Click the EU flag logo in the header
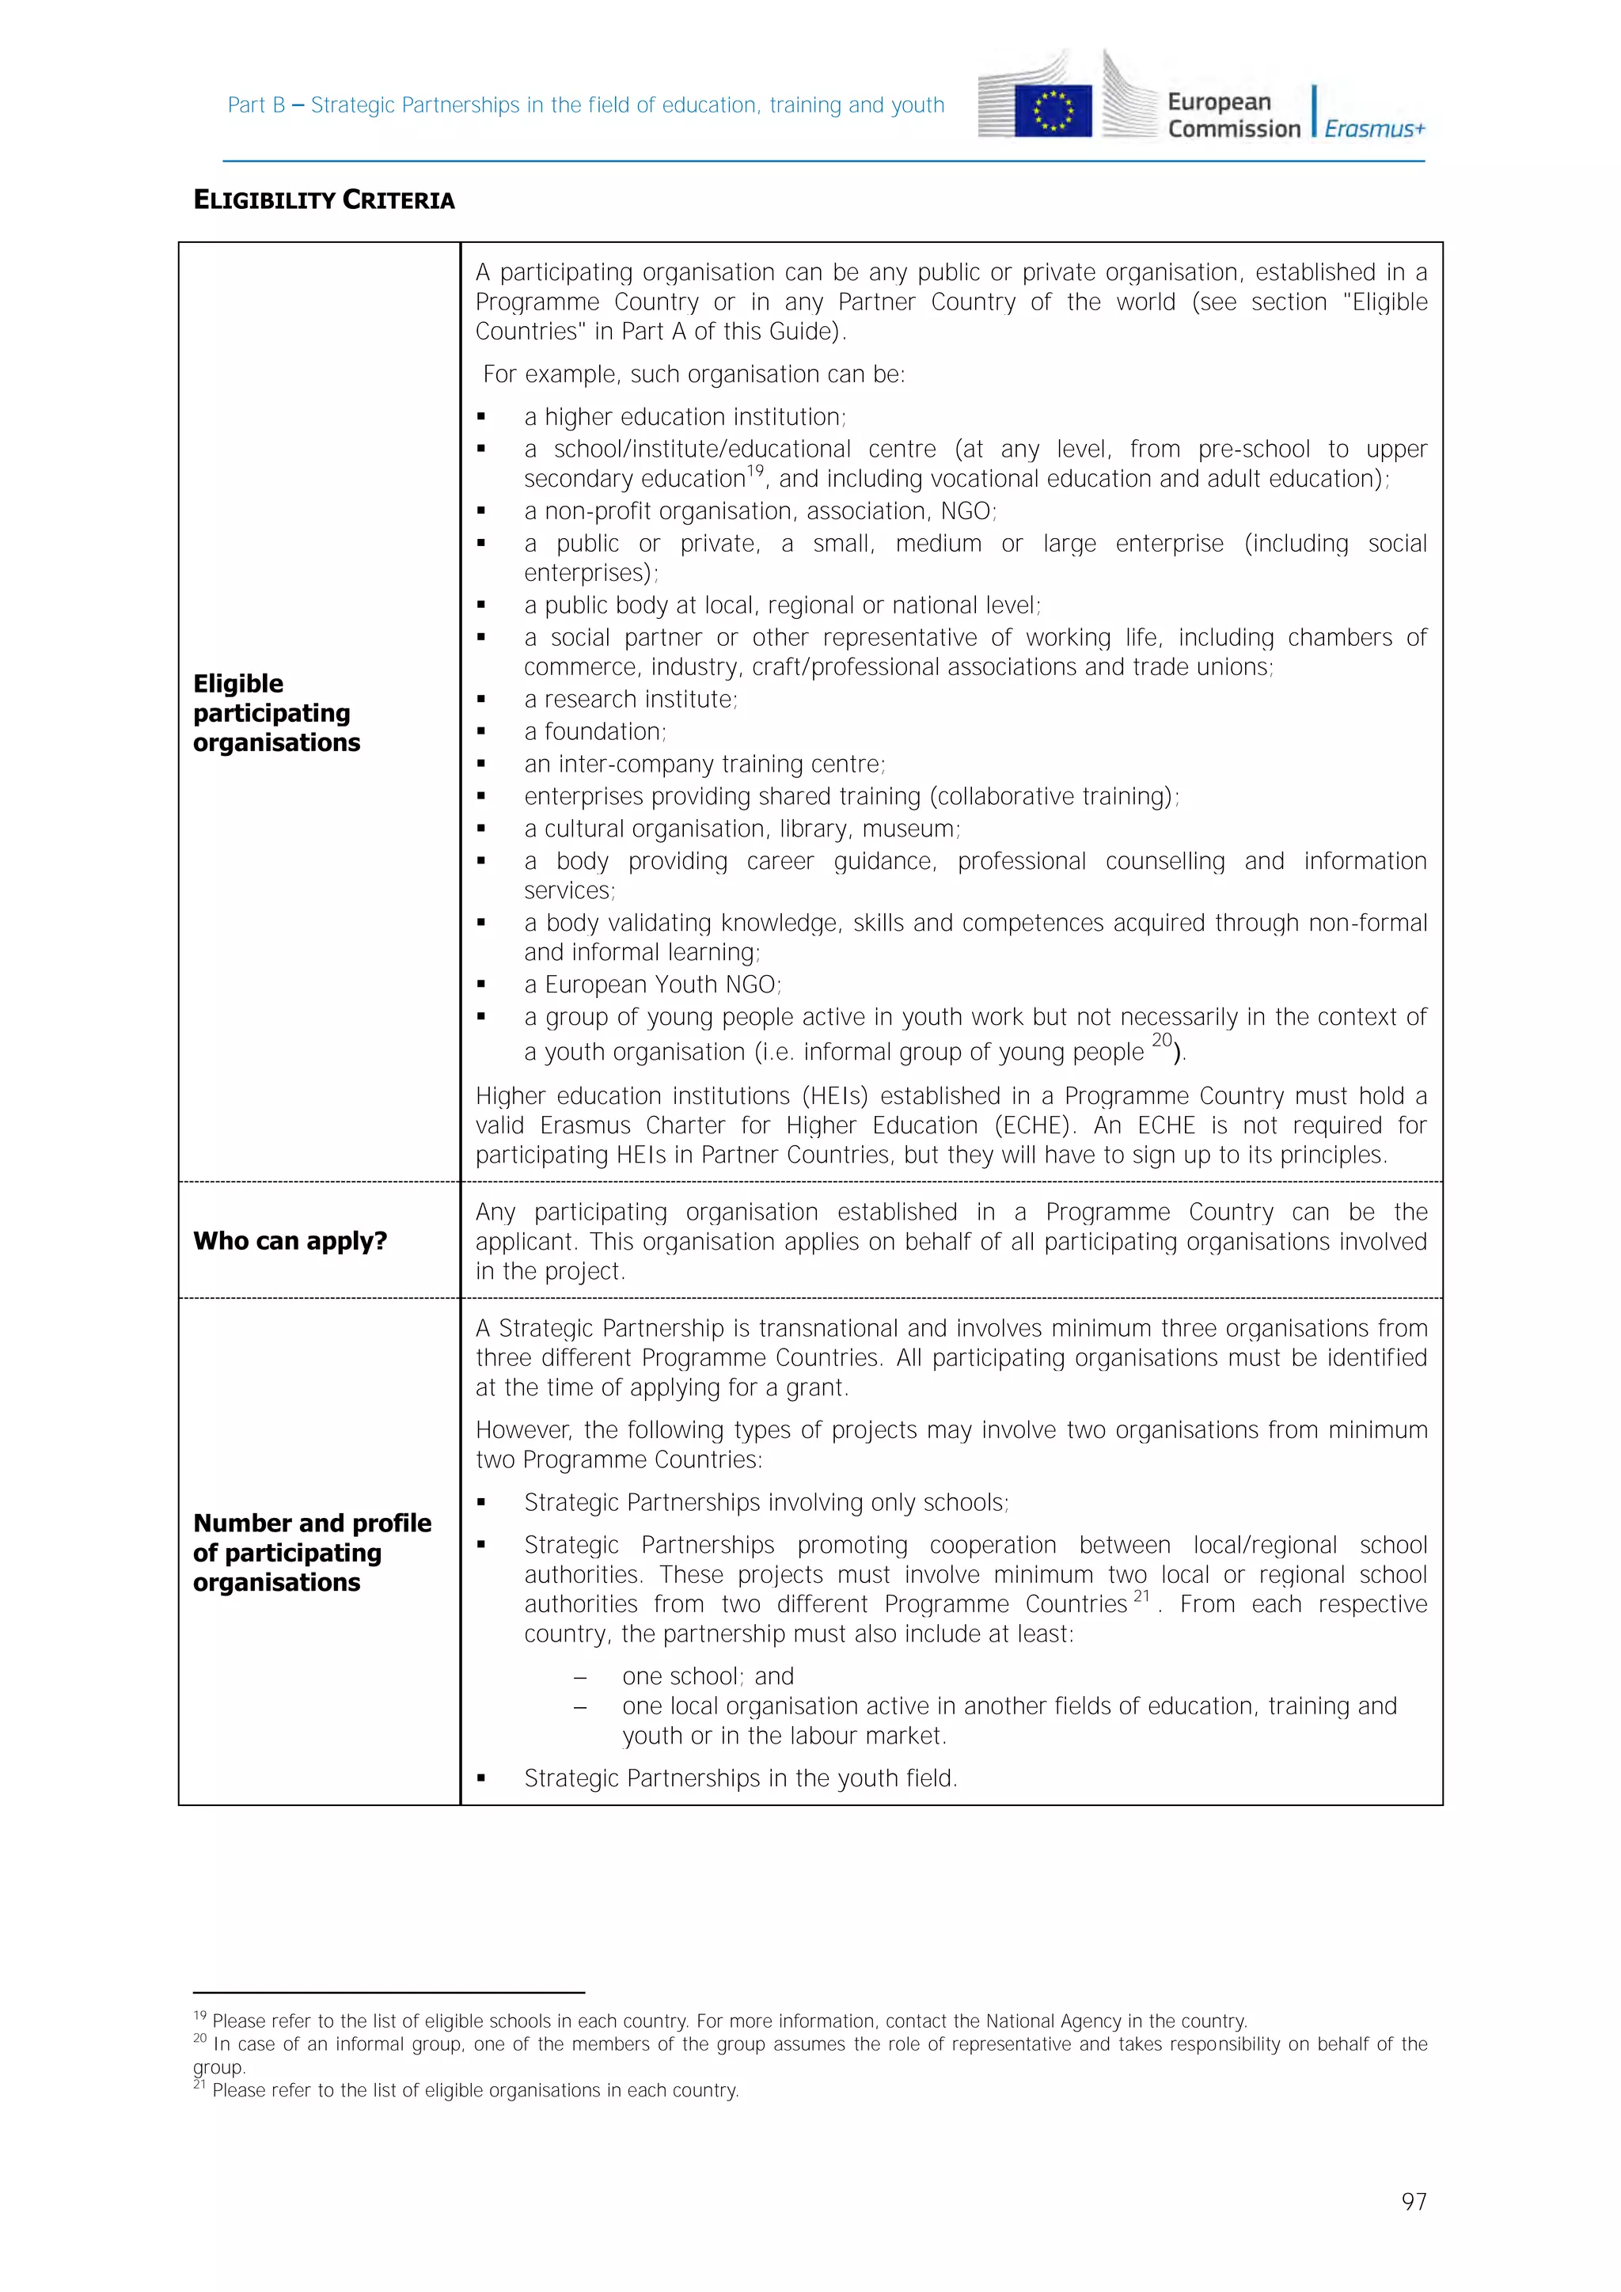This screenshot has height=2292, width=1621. click(1052, 111)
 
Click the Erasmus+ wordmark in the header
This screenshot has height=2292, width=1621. click(1375, 129)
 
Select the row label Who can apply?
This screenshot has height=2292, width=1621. click(290, 1241)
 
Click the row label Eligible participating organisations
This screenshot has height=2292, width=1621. click(276, 713)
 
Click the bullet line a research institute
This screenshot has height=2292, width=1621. click(630, 699)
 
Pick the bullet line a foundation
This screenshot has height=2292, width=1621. click(595, 732)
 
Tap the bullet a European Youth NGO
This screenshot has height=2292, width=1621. click(653, 985)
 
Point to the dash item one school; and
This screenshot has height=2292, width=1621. click(707, 1676)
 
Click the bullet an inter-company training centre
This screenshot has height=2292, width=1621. click(704, 764)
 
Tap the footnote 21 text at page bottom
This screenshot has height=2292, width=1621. click(474, 2090)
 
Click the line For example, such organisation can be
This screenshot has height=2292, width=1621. click(693, 374)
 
